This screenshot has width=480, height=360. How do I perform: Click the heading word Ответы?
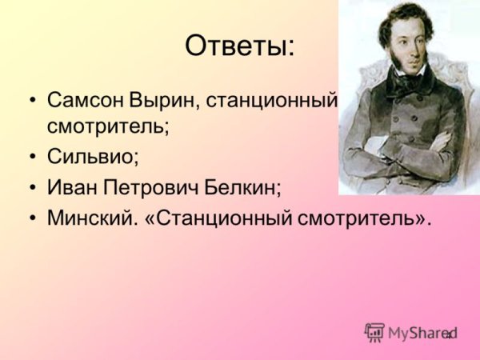[x=239, y=46]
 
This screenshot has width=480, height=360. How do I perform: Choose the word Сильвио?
[x=92, y=157]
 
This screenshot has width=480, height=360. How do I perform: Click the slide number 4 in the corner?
[x=449, y=334]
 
